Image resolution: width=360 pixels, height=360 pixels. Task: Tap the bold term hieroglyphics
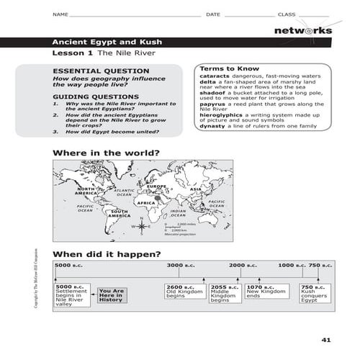[x=220, y=114]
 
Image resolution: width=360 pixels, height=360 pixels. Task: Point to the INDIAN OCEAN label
[x=178, y=213]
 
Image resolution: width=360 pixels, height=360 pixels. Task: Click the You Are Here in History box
[x=112, y=295]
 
